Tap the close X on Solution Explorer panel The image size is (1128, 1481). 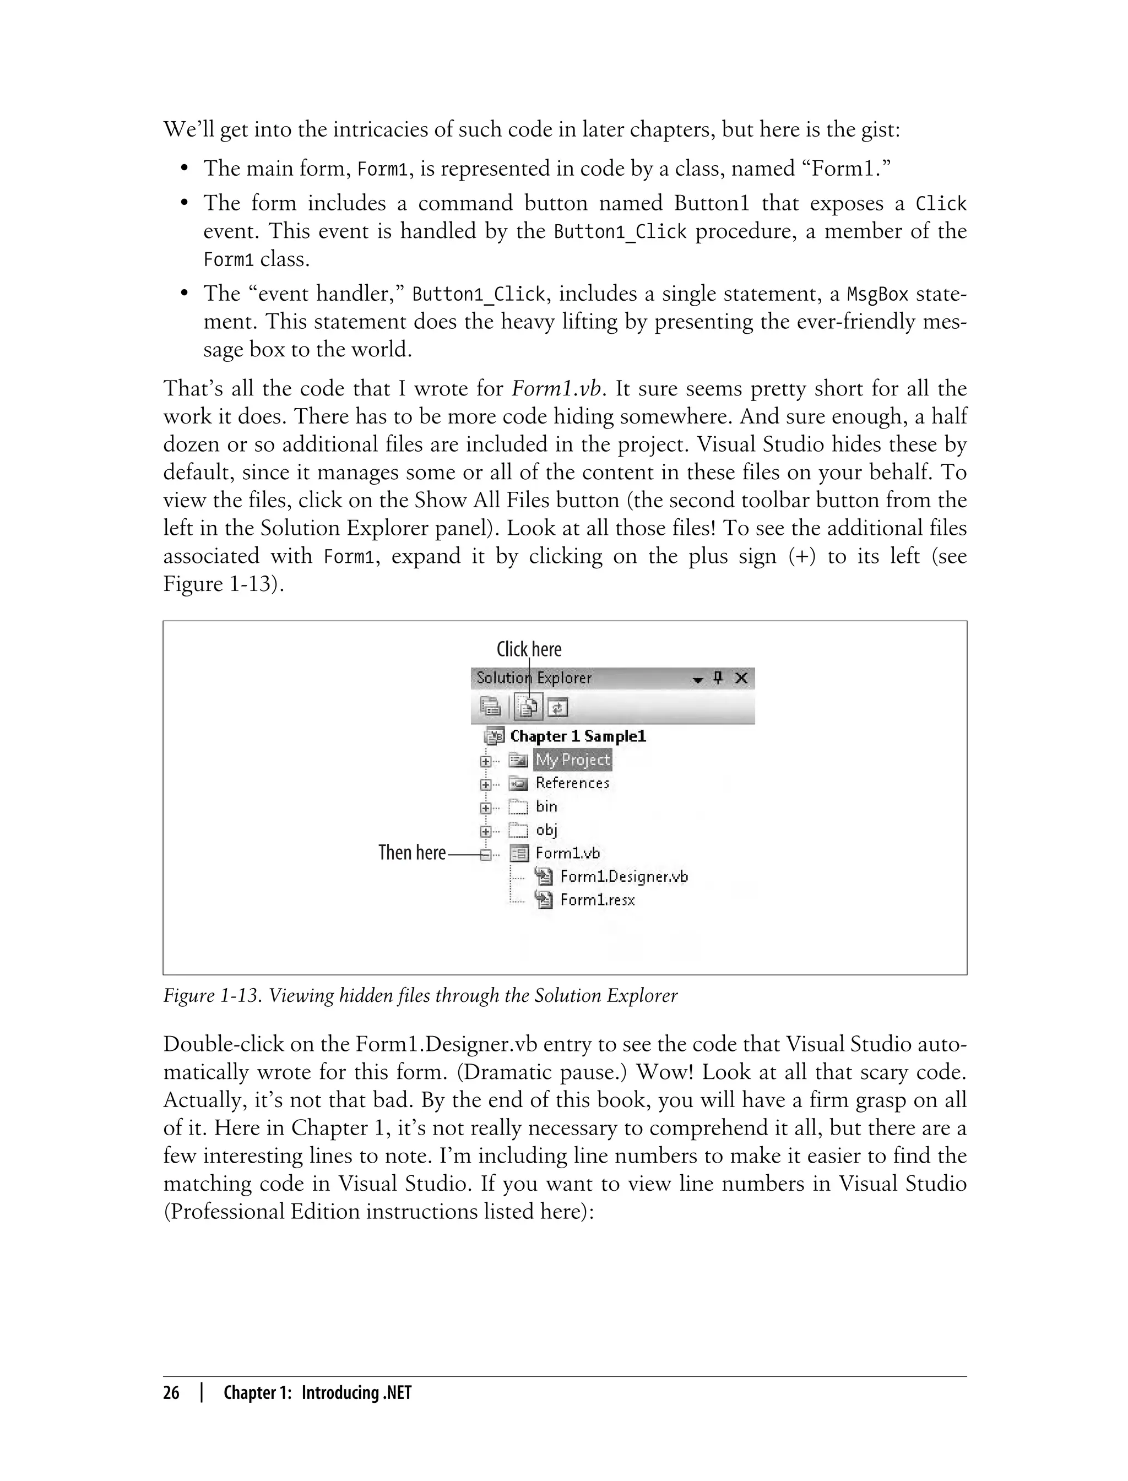coord(741,678)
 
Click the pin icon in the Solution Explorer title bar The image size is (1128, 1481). coord(718,678)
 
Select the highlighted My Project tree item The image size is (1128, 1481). coord(572,760)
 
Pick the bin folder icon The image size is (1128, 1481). coord(518,807)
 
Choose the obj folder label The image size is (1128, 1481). coord(546,830)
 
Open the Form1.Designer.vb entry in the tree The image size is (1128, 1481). coord(623,877)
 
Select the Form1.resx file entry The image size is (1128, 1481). coord(597,899)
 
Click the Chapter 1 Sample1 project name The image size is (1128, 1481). coord(577,736)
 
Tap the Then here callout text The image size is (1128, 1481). coord(411,853)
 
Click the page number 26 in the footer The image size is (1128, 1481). coord(171,1393)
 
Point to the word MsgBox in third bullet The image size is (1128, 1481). coord(877,294)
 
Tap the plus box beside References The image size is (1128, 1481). coord(485,784)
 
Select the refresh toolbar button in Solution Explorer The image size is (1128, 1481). coord(558,707)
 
